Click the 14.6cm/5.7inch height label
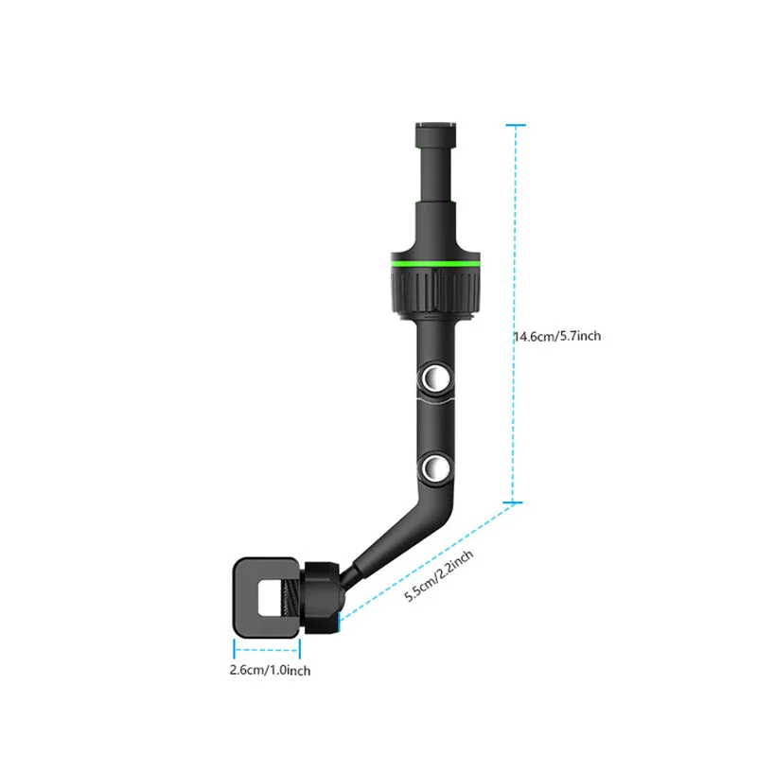coord(557,336)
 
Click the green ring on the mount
coord(436,259)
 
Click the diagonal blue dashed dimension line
coord(426,563)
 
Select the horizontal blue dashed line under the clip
coord(267,650)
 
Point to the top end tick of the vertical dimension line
coord(515,124)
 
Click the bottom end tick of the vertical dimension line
coord(515,502)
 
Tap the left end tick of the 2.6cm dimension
coord(235,650)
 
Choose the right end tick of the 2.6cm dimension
coord(300,650)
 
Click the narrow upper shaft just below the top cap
coord(436,170)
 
